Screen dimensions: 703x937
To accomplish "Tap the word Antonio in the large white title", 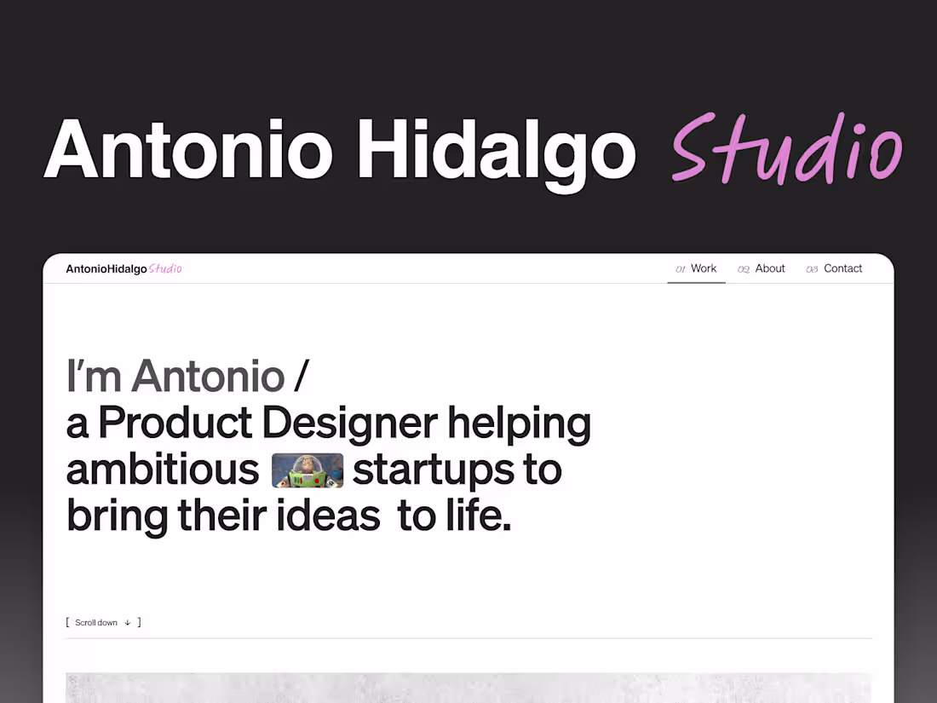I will [187, 149].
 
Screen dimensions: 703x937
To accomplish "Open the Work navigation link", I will [704, 268].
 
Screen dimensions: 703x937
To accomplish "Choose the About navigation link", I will [770, 268].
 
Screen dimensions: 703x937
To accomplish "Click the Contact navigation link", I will [843, 268].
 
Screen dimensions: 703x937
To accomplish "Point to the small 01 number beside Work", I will [681, 269].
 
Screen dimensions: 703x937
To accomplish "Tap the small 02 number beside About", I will [744, 269].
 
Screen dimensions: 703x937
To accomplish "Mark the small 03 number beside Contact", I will [812, 269].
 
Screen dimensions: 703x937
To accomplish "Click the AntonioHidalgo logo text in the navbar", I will [106, 269].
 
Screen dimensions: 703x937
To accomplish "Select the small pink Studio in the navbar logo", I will [165, 268].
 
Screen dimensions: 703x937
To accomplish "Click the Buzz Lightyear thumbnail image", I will [308, 470].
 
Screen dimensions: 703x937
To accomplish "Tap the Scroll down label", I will [96, 623].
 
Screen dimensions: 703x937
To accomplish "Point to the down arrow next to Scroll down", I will [128, 623].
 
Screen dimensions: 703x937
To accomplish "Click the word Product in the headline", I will [175, 424].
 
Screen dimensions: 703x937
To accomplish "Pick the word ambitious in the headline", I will [163, 470].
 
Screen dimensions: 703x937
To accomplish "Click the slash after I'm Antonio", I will [302, 377].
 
